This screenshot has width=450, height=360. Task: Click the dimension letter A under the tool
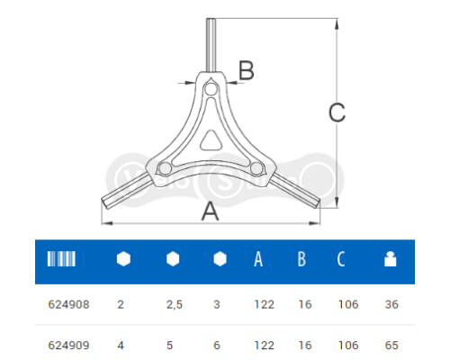click(209, 211)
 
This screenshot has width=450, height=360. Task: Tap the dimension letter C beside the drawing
click(336, 112)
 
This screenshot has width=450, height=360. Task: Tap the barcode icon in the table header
click(61, 260)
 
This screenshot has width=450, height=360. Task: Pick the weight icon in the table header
click(390, 260)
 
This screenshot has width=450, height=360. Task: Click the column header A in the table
click(258, 260)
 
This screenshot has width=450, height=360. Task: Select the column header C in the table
click(341, 260)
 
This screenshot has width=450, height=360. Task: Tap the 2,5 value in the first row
click(174, 305)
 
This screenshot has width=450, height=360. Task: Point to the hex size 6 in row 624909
click(218, 343)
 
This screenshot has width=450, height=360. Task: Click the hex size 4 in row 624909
click(121, 343)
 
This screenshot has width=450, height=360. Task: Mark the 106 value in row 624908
click(346, 305)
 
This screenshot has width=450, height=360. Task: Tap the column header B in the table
click(301, 260)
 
